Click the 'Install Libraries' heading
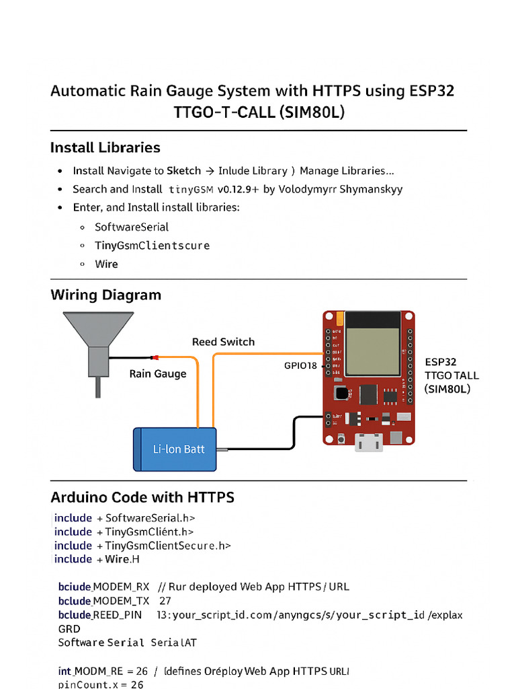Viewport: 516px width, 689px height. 105,147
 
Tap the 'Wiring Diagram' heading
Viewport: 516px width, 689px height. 105,295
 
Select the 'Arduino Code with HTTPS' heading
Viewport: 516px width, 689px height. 142,497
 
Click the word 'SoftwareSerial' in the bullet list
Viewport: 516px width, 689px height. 132,227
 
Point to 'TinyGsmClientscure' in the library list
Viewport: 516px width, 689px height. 152,246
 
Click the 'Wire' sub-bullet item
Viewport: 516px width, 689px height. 106,264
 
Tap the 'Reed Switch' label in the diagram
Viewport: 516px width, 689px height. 223,342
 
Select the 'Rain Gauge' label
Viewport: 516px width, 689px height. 158,373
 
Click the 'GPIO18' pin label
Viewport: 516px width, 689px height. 300,366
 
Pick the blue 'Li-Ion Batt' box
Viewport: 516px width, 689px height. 175,449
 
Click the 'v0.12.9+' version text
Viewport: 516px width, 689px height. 238,189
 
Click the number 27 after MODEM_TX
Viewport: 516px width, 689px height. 165,600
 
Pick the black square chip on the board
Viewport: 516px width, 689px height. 369,395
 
